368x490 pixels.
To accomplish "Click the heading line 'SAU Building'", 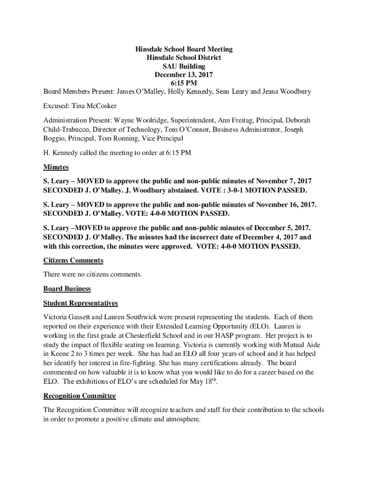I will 184,66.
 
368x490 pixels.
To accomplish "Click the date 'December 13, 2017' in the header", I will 184,75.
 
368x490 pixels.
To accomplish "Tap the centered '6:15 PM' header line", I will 184,83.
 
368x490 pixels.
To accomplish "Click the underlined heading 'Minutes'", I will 56,167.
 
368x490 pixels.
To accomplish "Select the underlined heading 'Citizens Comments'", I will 73,260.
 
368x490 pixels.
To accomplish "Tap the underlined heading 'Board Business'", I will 67,289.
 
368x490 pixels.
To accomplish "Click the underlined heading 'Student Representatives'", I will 80,303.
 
